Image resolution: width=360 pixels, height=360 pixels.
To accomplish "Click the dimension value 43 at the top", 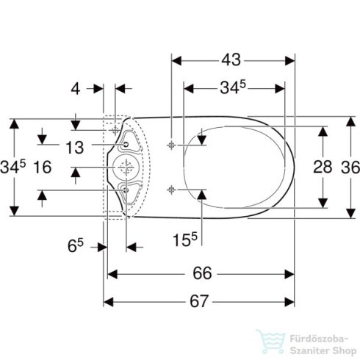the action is [x=231, y=60].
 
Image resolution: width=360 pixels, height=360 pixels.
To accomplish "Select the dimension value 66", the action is [x=202, y=273].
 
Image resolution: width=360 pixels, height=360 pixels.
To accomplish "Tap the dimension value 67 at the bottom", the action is [x=199, y=301].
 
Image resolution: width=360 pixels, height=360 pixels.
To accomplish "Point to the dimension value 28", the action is [x=323, y=167].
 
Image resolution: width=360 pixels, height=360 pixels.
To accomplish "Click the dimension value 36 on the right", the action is [x=350, y=168].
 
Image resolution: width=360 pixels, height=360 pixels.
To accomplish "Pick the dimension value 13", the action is [x=75, y=148].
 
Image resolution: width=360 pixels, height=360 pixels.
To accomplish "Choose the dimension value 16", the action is [x=43, y=168].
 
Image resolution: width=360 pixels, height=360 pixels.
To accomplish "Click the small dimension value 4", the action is [x=76, y=88].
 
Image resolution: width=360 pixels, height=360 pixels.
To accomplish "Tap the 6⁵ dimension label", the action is [x=76, y=245].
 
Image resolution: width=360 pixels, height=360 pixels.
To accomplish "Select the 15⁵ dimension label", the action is [x=185, y=240].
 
